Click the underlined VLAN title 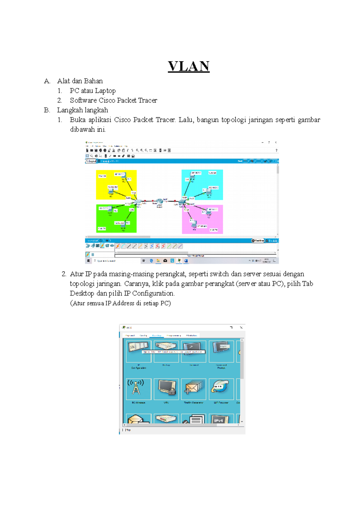pyautogui.click(x=189, y=66)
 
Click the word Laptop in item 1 pyautogui.click(x=105, y=91)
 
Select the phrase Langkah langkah pyautogui.click(x=83, y=110)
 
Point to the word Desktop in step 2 pyautogui.click(x=82, y=293)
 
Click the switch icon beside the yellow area pyautogui.click(x=137, y=202)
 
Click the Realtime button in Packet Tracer pyautogui.click(x=258, y=241)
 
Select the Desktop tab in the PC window pyautogui.click(x=157, y=335)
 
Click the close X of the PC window pyautogui.click(x=241, y=328)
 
